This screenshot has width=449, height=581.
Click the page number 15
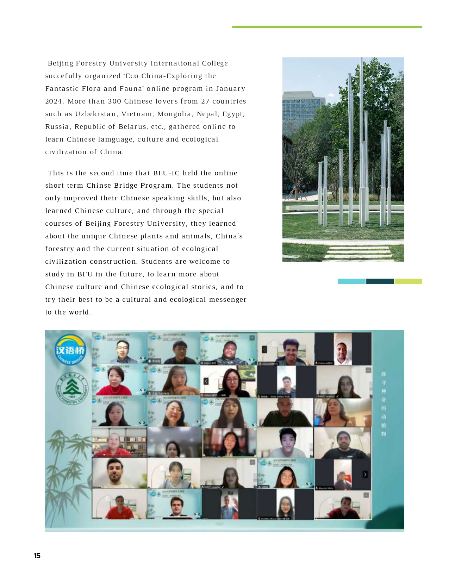37,556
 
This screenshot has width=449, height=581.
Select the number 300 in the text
114,101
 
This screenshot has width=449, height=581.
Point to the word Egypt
233,114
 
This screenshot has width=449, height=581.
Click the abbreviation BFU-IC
166,173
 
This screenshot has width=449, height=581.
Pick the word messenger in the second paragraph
227,300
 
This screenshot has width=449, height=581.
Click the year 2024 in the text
54,101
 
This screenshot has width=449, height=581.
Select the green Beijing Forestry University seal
72,388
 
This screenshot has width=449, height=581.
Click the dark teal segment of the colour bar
380,281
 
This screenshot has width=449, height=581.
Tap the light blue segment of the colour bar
351,281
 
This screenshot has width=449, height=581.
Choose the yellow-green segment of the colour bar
408,281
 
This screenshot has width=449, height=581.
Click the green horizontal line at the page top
327,27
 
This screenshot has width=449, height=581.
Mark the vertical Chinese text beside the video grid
383,404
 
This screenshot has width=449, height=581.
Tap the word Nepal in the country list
207,114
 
